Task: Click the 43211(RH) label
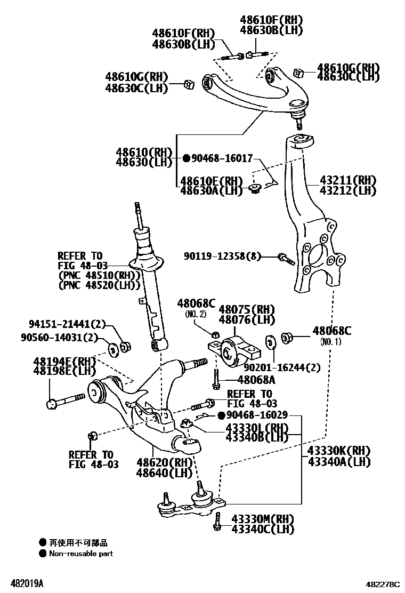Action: tap(348, 180)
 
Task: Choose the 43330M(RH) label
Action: tap(263, 518)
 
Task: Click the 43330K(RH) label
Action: tap(339, 451)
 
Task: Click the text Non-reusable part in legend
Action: tap(81, 554)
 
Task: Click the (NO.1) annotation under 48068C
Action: tap(330, 342)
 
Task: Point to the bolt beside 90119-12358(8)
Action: tap(286, 259)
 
